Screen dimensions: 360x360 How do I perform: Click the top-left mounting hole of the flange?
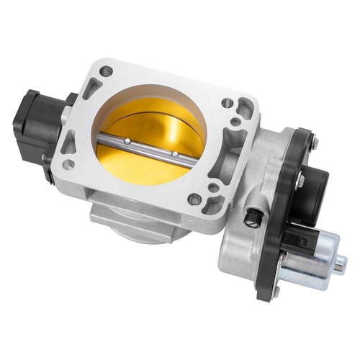106,71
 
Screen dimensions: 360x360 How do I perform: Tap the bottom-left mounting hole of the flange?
68,164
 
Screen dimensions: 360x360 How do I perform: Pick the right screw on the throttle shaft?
174,153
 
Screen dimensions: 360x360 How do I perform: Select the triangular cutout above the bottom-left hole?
70,143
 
